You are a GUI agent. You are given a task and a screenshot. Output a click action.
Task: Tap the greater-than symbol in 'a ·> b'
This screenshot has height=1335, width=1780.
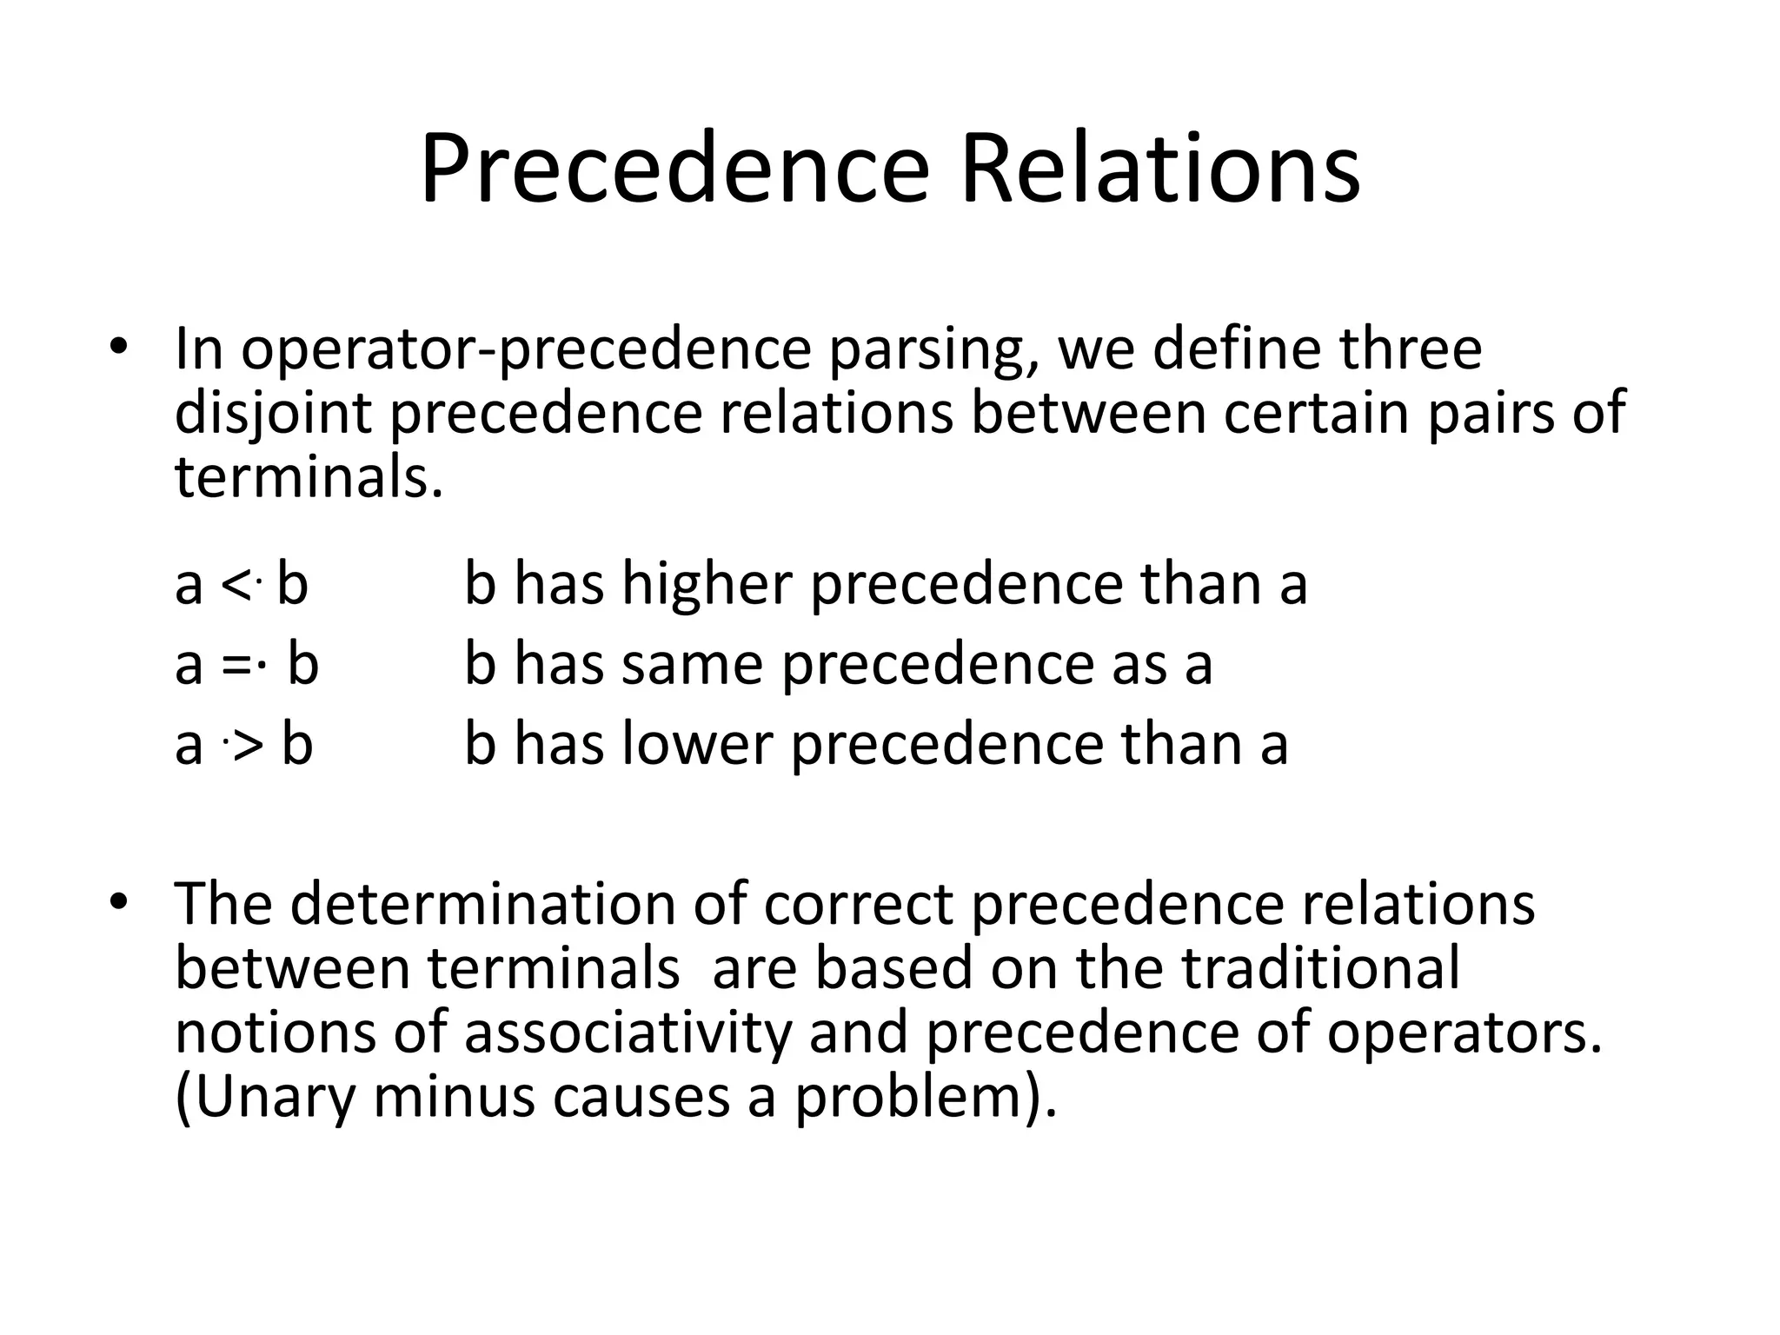pos(249,747)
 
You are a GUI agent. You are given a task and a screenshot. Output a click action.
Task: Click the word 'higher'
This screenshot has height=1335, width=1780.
pos(706,584)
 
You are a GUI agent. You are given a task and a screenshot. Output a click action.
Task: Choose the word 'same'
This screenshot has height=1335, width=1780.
pos(692,665)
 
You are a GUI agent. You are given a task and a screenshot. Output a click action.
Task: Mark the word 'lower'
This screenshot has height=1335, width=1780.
pos(696,745)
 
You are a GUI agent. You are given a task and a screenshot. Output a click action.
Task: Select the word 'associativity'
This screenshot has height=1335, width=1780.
pos(628,1033)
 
